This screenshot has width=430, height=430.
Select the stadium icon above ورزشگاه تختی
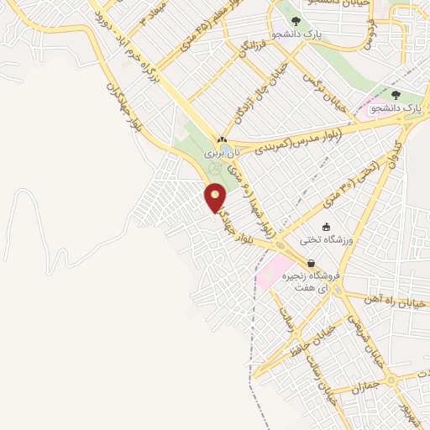[327, 227]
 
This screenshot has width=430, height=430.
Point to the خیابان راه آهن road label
[396, 300]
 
